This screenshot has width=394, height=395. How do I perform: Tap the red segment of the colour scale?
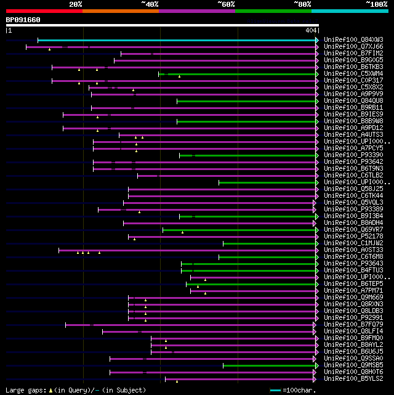click(x=44, y=11)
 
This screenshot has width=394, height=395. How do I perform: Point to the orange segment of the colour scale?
click(x=120, y=11)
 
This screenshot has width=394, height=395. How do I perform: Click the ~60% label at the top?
click(x=226, y=4)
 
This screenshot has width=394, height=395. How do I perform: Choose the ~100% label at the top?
click(x=376, y=4)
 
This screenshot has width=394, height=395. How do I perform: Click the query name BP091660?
click(x=23, y=20)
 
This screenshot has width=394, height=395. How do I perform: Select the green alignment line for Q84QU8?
click(x=246, y=101)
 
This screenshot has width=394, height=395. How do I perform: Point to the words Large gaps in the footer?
click(x=25, y=390)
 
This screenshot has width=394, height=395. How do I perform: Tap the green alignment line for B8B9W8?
click(x=246, y=121)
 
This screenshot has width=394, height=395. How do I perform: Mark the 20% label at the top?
click(x=76, y=4)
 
